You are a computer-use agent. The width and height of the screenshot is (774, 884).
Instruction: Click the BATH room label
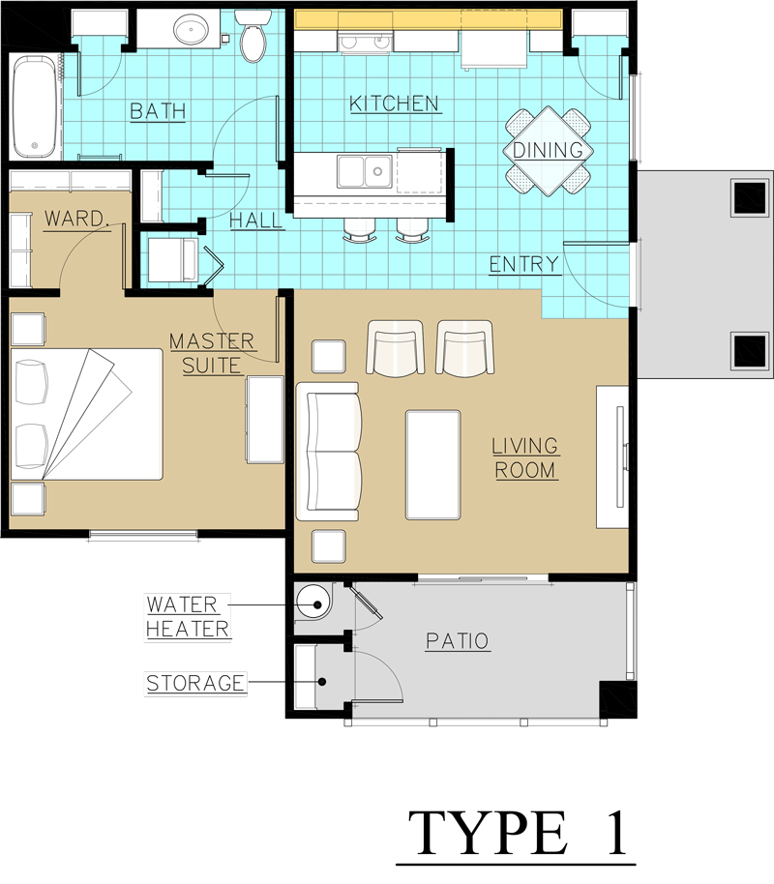(x=157, y=111)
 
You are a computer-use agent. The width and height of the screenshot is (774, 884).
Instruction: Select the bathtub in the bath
(x=37, y=106)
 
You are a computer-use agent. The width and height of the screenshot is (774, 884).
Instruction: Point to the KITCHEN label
(x=394, y=103)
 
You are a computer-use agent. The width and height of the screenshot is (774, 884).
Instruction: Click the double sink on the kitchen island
(x=363, y=172)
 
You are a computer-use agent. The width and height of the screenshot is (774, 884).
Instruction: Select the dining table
(x=548, y=151)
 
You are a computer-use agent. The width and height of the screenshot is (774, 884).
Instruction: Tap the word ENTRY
(x=523, y=264)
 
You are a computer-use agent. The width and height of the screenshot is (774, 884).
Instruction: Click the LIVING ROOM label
(x=525, y=458)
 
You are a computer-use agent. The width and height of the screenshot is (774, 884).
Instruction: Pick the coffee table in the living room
(x=432, y=465)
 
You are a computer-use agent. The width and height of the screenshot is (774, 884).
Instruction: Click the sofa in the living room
(x=328, y=452)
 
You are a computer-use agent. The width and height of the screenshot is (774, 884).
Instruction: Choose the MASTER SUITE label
(x=212, y=353)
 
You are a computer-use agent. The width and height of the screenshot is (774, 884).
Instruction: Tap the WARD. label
(x=76, y=219)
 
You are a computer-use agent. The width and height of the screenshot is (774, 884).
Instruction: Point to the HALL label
(x=256, y=221)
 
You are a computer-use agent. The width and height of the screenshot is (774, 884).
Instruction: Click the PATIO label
(x=457, y=641)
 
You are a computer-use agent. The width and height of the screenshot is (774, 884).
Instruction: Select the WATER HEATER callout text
(x=188, y=617)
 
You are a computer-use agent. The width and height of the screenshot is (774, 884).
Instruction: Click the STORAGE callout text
(x=194, y=684)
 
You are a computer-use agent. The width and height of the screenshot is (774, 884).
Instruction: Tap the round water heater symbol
(x=313, y=604)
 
